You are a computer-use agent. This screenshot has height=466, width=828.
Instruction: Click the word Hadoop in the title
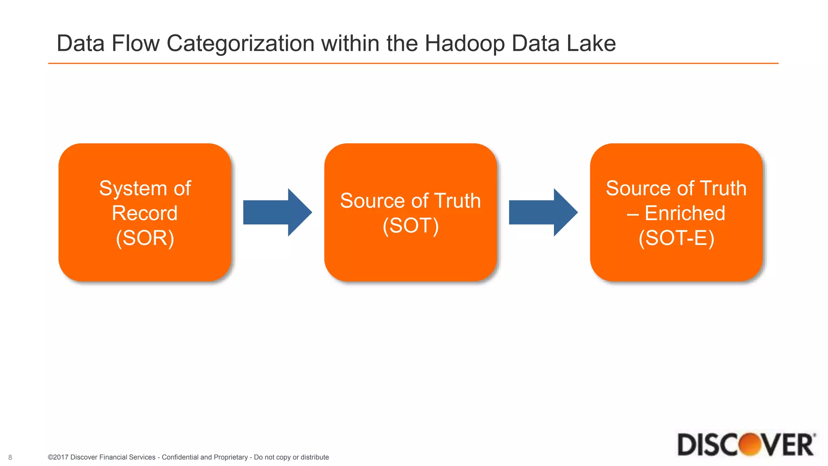[x=464, y=44]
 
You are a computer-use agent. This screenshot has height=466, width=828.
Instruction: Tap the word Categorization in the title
[x=240, y=44]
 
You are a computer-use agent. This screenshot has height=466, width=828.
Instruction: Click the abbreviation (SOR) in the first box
[x=145, y=238]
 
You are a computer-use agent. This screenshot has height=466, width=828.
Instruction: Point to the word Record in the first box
[x=145, y=213]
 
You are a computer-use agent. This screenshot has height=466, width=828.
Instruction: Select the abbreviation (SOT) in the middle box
[x=410, y=226]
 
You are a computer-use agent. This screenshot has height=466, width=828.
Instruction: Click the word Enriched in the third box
[x=684, y=213]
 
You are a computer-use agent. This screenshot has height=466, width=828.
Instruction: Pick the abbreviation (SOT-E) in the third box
[x=676, y=238]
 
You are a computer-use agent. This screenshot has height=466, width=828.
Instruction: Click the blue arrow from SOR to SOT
[x=277, y=212]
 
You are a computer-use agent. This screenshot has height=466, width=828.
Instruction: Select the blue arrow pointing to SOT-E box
[x=543, y=212]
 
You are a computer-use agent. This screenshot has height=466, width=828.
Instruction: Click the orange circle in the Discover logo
[x=749, y=444]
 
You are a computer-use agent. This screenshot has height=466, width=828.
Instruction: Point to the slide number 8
[x=10, y=458]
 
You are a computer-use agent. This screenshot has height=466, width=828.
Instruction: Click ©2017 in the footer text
[x=58, y=457]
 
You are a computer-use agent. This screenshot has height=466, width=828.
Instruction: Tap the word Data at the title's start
[x=80, y=44]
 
